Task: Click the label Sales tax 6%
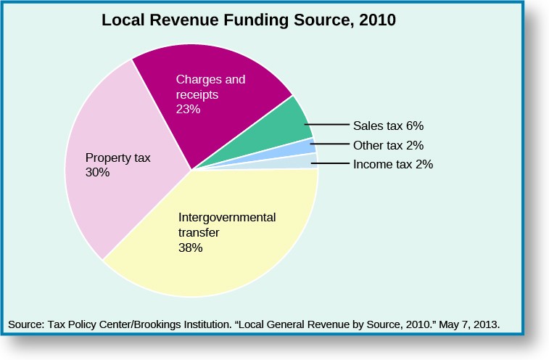click(387, 125)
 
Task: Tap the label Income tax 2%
click(392, 164)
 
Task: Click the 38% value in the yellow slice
click(190, 247)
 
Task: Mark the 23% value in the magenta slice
click(188, 110)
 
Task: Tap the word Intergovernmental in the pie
click(227, 217)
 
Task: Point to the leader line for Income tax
click(331, 164)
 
